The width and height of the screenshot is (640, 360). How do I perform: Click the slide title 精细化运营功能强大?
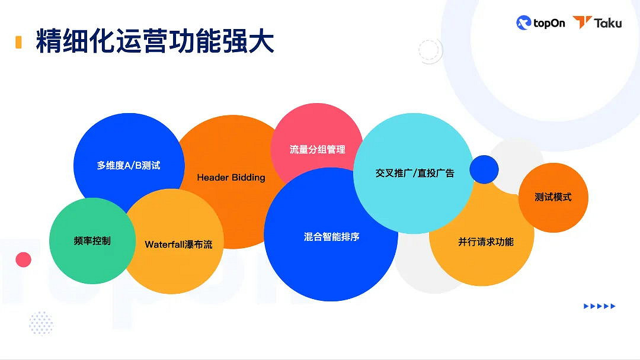click(155, 42)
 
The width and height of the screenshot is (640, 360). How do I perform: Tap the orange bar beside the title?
click(18, 42)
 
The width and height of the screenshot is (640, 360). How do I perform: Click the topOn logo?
click(540, 23)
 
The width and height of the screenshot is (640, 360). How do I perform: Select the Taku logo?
click(597, 23)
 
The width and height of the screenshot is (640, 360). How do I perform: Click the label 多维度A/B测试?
click(129, 166)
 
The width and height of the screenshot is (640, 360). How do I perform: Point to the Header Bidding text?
click(231, 178)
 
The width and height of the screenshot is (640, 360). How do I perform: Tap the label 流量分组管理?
click(317, 150)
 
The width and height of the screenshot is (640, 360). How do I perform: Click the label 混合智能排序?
click(331, 237)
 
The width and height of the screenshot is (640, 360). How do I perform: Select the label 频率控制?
click(92, 241)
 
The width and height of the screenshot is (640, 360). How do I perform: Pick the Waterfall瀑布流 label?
click(178, 244)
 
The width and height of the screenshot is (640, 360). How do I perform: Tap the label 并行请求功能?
click(485, 242)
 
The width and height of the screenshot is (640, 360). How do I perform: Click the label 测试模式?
click(553, 197)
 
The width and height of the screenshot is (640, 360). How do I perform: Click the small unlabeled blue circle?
click(484, 169)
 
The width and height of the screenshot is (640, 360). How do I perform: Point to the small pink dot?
click(23, 259)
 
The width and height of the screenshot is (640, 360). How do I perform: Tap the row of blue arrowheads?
click(600, 306)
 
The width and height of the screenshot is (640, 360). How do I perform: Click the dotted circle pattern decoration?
click(41, 323)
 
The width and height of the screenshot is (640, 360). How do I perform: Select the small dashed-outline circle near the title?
click(430, 52)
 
